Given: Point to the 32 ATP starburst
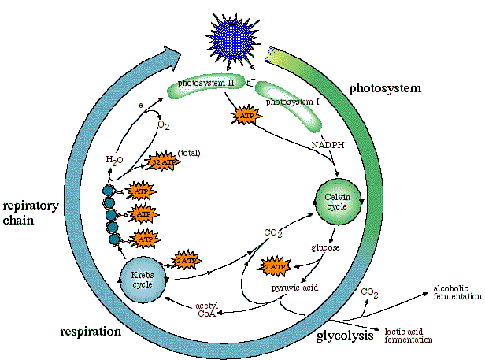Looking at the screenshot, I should (161, 161).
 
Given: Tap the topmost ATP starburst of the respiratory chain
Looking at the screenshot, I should (139, 191).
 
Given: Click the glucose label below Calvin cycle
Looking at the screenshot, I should (325, 248).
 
